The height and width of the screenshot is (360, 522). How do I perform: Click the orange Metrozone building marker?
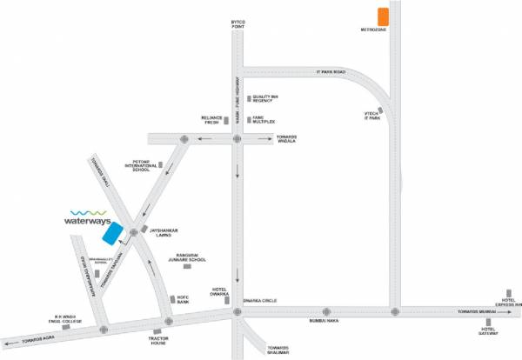tap(383, 17)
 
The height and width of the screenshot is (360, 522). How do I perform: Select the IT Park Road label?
tap(331, 72)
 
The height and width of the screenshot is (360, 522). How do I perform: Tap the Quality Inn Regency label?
tap(264, 99)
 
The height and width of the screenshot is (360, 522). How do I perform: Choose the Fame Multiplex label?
tap(262, 118)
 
